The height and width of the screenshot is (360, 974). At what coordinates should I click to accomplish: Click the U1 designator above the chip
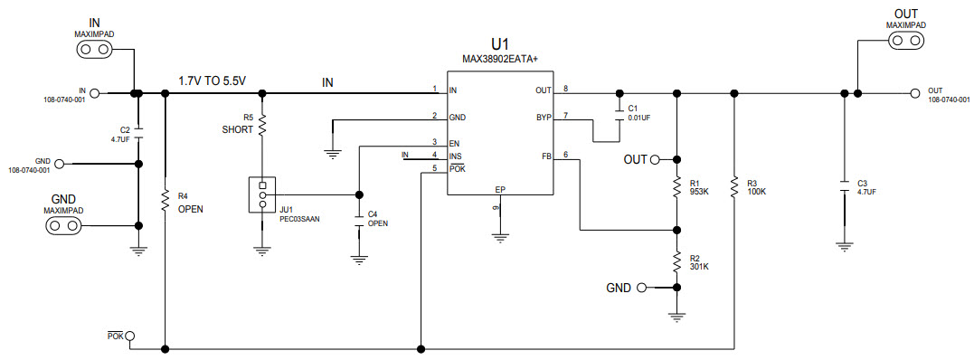click(x=500, y=44)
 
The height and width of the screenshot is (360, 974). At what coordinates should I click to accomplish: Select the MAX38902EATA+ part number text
click(x=500, y=60)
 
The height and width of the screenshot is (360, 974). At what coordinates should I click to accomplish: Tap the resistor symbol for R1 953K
click(x=676, y=187)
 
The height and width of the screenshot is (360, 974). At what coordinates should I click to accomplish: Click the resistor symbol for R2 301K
click(x=676, y=261)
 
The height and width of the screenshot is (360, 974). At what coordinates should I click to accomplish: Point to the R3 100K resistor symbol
click(x=735, y=187)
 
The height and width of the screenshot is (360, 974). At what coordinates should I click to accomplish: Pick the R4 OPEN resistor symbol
click(x=165, y=200)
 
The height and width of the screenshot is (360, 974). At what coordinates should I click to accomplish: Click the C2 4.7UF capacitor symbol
click(x=137, y=133)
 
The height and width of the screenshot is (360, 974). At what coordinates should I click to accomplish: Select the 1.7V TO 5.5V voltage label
click(x=213, y=81)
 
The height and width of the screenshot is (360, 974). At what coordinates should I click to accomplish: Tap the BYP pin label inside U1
click(x=543, y=118)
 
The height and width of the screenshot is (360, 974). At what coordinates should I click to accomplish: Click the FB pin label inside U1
click(x=546, y=156)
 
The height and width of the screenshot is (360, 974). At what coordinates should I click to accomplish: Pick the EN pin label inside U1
click(x=454, y=143)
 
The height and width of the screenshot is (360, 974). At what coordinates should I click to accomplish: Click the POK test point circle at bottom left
click(x=130, y=336)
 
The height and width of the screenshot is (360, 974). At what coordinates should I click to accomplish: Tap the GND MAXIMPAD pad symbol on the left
click(x=64, y=225)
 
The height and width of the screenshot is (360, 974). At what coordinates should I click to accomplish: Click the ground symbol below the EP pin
click(x=498, y=239)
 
